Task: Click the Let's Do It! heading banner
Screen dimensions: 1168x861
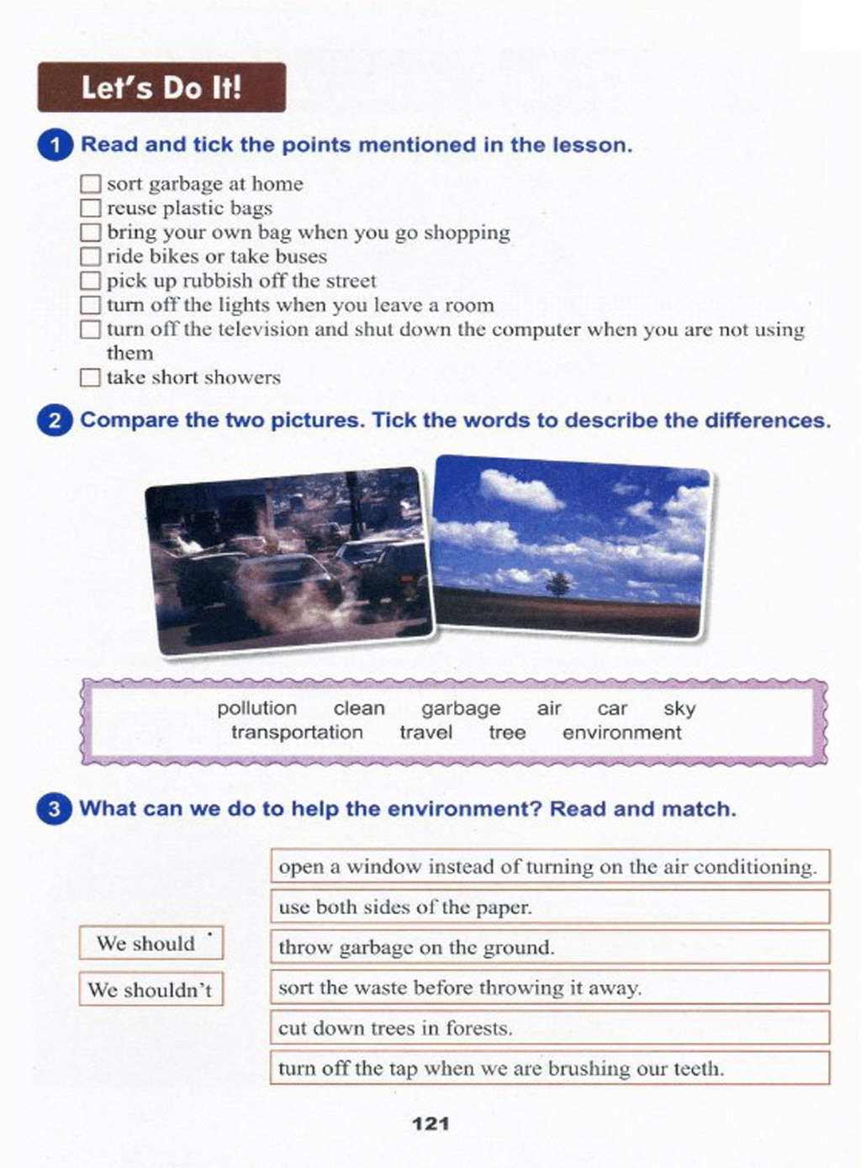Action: [161, 87]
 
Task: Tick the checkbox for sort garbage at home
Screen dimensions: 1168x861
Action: [91, 184]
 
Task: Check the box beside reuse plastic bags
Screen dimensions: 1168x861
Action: [91, 208]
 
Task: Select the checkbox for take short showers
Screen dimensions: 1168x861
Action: [91, 377]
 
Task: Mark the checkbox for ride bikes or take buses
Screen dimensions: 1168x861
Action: [91, 256]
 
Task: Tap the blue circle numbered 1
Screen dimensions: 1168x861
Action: [55, 145]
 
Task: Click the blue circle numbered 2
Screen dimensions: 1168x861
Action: [55, 420]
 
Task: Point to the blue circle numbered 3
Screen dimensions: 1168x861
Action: [55, 809]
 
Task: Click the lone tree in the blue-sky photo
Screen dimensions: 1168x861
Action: [558, 582]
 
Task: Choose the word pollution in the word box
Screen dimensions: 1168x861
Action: [256, 708]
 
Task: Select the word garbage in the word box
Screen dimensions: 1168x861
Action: [461, 708]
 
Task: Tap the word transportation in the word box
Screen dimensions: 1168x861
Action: [297, 733]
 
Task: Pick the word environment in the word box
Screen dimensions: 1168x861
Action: [621, 733]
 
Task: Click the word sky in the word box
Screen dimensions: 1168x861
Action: [679, 708]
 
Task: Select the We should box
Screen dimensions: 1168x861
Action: [151, 943]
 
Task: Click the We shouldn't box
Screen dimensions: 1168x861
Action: [151, 990]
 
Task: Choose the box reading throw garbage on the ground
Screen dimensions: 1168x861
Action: [550, 948]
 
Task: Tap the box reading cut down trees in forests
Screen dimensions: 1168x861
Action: [550, 1029]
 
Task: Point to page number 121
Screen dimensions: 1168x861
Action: [430, 1123]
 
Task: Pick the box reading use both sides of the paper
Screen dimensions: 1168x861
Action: [550, 908]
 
